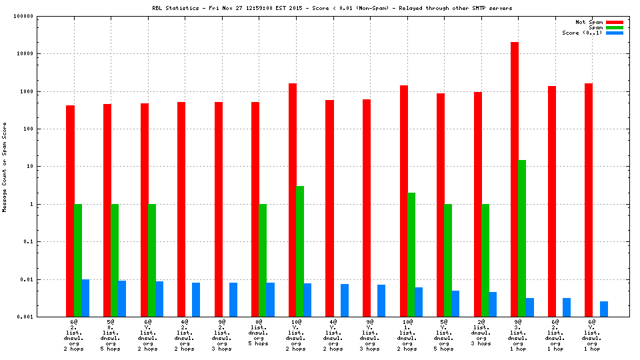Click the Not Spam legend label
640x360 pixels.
(x=589, y=22)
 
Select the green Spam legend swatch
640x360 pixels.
(x=615, y=27)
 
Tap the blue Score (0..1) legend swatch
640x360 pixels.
(x=615, y=33)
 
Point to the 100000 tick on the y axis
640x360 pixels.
(x=41, y=16)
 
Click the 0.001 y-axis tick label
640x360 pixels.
(x=43, y=317)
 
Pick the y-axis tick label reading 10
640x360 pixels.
(x=48, y=167)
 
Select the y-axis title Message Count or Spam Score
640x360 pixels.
(x=5, y=167)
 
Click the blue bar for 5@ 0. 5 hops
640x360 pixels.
(x=122, y=298)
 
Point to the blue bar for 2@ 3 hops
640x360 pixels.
(x=493, y=304)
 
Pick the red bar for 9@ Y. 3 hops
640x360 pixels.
(x=367, y=207)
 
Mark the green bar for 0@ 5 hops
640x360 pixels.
(x=263, y=260)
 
